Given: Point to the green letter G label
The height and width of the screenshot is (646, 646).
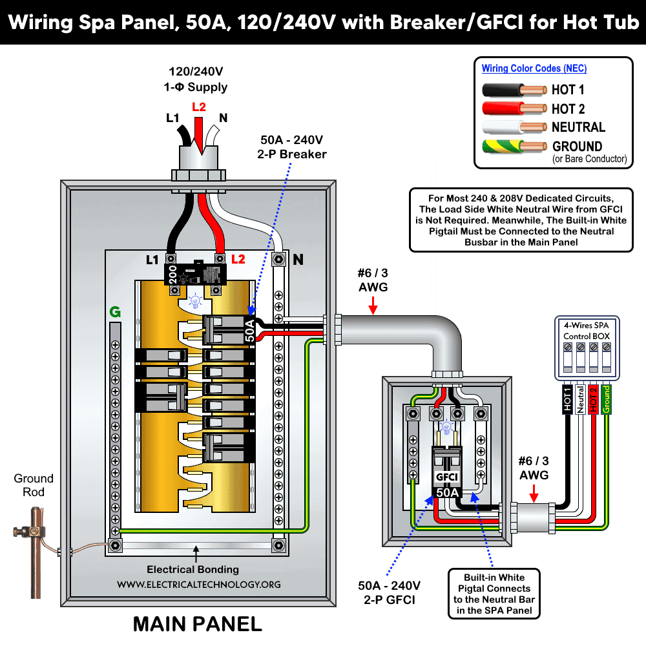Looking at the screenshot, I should point(115,313).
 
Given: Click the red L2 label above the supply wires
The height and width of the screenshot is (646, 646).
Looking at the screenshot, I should point(199,107).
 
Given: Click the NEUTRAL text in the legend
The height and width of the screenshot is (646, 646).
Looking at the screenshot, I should point(578,127).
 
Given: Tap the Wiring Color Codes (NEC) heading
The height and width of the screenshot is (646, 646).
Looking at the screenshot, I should point(534,68).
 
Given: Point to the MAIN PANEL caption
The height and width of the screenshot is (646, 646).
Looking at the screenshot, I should point(197,624).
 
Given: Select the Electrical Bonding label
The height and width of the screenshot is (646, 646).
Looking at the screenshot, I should point(193,569).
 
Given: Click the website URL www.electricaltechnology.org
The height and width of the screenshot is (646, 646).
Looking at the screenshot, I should point(198,584).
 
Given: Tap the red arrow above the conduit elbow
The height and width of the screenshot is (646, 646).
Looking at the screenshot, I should point(373,309).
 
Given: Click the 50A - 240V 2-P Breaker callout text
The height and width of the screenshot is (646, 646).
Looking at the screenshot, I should point(293,147).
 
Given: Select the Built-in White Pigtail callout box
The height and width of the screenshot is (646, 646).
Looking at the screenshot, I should point(494,594).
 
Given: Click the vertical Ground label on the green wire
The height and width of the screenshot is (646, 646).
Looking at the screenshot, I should point(606,400).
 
